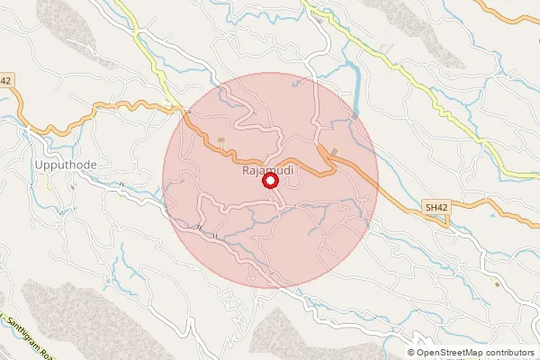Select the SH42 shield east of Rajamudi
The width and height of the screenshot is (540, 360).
436,208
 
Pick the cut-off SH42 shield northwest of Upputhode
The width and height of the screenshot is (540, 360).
5,81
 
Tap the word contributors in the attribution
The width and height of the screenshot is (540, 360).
510,353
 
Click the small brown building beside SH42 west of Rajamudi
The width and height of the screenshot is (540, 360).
220,140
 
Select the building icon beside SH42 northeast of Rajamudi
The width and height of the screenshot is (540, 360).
335,150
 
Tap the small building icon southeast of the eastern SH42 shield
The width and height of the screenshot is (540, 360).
496,283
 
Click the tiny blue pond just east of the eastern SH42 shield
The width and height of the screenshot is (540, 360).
491,215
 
